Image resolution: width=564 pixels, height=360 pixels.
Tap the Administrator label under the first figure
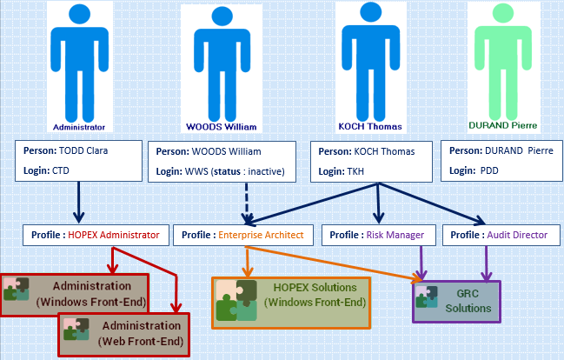pos(79,126)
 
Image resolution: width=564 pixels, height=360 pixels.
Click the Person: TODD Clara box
pos(78,160)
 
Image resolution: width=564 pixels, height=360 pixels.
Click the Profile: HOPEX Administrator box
pos(95,235)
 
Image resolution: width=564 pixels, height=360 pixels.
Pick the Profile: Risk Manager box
pos(378,235)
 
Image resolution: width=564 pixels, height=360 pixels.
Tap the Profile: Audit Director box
pos(494,235)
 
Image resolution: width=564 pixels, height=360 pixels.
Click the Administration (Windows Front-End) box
pos(76,294)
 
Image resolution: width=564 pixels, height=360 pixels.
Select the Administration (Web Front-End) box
pos(124,333)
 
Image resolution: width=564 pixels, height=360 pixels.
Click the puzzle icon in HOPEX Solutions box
pos(236,301)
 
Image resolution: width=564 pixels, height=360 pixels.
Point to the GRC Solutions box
pos(457,301)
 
